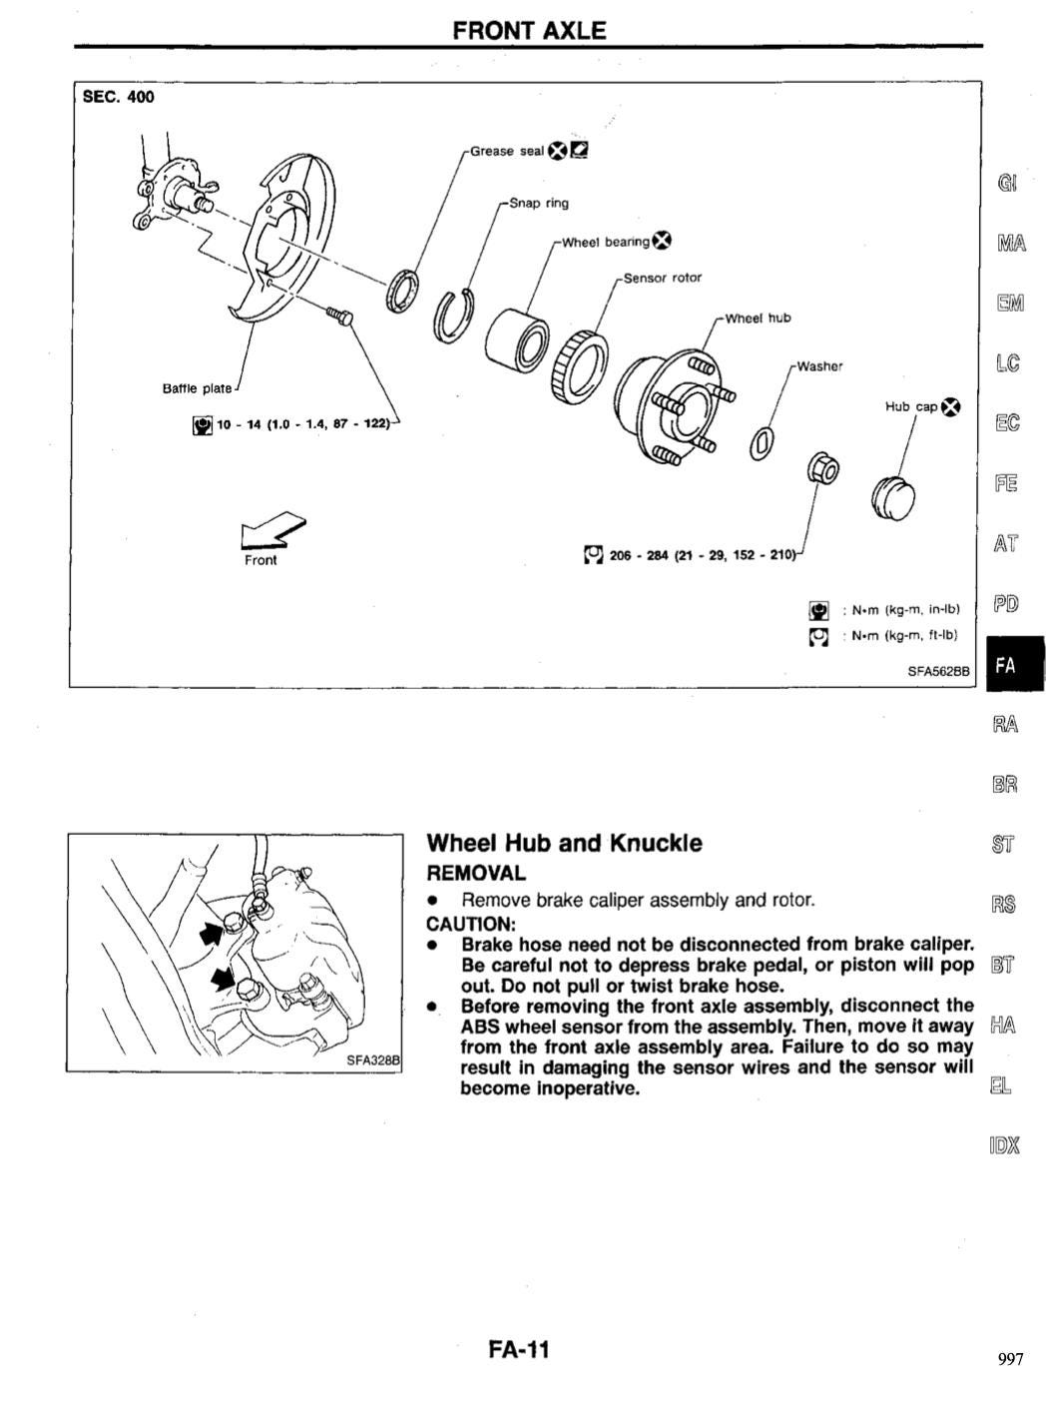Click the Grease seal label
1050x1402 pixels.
[507, 152]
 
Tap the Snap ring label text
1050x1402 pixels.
[539, 203]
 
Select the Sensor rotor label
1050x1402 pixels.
[662, 278]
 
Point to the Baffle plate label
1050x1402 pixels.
[198, 388]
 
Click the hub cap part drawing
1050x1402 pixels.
[892, 496]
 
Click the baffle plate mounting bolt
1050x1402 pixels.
[339, 315]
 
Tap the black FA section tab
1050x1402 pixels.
[1014, 664]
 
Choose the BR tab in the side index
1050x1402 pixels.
[1005, 784]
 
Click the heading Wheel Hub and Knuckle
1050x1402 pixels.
[564, 843]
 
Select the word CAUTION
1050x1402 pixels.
[470, 924]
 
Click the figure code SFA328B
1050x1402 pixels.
[372, 1060]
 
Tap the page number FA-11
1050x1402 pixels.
[519, 1350]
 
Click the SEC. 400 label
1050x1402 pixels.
[119, 97]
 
